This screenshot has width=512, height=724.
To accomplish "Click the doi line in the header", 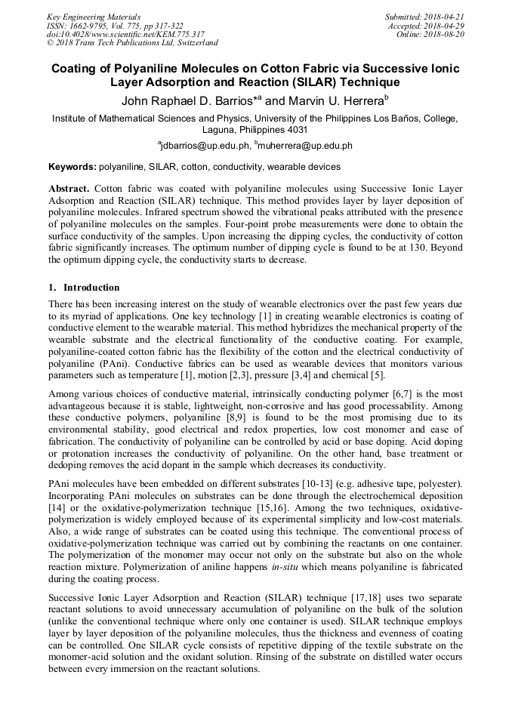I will tap(125, 34).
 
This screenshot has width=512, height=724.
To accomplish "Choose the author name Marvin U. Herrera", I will tap(334, 100).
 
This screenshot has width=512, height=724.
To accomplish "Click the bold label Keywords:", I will tap(72, 167).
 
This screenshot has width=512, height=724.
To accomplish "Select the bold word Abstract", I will tap(69, 187).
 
